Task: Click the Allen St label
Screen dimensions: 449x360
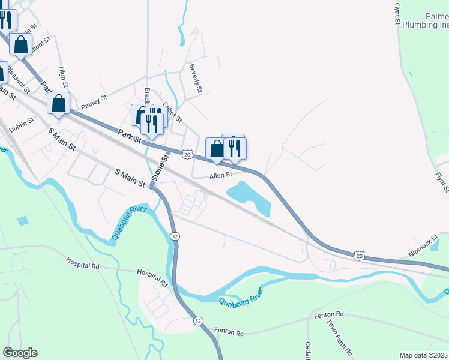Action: point(220,176)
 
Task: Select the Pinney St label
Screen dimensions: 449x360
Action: point(94,98)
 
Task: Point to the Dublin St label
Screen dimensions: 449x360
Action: point(22,124)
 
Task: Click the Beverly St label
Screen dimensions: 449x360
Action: point(195,78)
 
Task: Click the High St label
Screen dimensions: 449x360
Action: point(62,76)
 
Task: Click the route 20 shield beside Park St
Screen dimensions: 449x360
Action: point(187,155)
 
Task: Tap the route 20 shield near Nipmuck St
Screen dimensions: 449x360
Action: point(359,256)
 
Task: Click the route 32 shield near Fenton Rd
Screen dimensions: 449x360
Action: point(198,322)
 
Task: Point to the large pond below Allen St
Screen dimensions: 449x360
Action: point(249,197)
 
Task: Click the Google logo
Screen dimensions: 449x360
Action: point(20,353)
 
